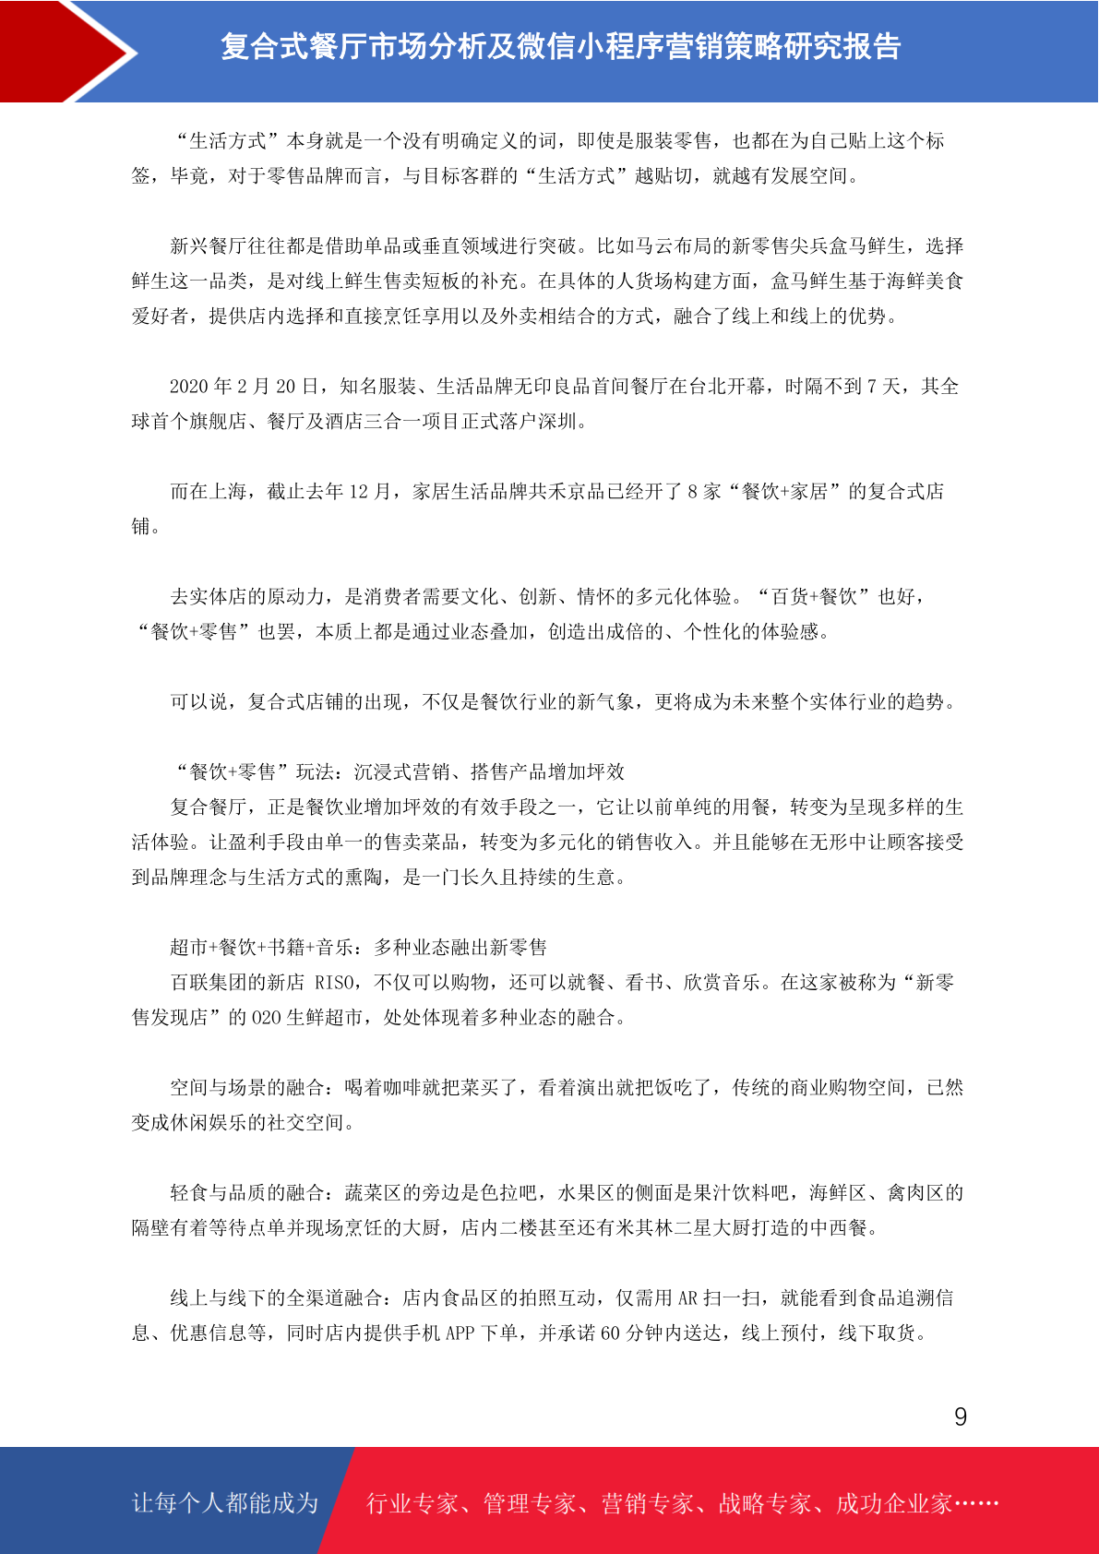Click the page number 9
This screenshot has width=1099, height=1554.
[961, 1417]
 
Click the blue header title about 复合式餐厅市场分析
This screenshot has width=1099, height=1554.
[560, 46]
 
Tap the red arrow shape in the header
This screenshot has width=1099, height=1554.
[69, 51]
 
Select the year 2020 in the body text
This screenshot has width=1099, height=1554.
[189, 387]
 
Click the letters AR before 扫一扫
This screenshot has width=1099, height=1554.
[687, 1298]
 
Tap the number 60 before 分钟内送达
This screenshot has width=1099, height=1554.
[610, 1333]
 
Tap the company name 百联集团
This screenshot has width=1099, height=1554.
[209, 983]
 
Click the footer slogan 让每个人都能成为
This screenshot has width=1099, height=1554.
[225, 1503]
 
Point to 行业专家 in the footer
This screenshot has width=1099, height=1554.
[412, 1504]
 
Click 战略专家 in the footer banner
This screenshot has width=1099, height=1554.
[764, 1504]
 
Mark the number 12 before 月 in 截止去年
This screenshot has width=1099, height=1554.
[358, 492]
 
